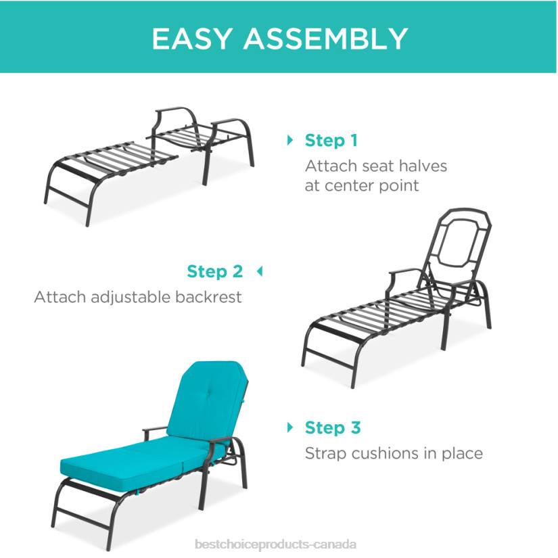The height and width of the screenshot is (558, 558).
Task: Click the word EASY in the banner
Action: [x=192, y=39]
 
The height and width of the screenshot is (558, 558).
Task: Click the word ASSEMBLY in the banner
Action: [x=325, y=39]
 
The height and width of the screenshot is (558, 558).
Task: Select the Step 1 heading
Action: [x=331, y=141]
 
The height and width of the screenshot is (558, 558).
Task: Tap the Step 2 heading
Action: [x=214, y=272]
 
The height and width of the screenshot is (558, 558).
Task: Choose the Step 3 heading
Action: [x=333, y=427]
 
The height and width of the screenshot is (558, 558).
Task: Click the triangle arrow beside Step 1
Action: [x=291, y=141]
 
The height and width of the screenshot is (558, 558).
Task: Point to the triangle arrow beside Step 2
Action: [x=258, y=272]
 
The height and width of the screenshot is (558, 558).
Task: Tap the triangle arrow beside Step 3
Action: [x=291, y=427]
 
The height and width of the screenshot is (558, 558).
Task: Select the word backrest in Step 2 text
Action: [x=210, y=297]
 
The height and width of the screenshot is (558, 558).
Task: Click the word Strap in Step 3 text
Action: [x=325, y=452]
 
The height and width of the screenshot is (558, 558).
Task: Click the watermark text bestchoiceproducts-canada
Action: [x=275, y=544]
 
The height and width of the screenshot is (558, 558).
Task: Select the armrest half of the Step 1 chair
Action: [x=203, y=135]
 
